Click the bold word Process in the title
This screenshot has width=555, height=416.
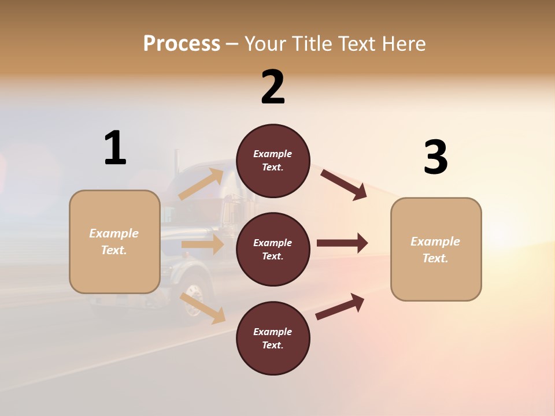pos(182,44)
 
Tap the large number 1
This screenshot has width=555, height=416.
pos(115,148)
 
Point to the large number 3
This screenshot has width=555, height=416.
pos(436,157)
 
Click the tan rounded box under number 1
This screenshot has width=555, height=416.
pos(114,242)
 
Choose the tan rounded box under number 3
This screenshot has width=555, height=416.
pos(436,249)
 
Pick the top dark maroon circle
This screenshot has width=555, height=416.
pos(273,161)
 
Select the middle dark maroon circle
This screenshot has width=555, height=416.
pos(273,249)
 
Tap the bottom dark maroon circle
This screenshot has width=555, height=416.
pos(273,338)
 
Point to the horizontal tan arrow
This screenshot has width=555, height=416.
pos(202,244)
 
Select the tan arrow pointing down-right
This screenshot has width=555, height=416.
pos(203,308)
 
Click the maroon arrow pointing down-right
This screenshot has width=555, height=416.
pos(343,184)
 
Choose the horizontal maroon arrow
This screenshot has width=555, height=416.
pos(342,243)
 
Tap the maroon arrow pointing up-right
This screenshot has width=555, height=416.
pos(341,306)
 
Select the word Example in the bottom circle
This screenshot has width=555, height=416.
pos(272,332)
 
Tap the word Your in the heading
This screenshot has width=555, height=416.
pos(267,44)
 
